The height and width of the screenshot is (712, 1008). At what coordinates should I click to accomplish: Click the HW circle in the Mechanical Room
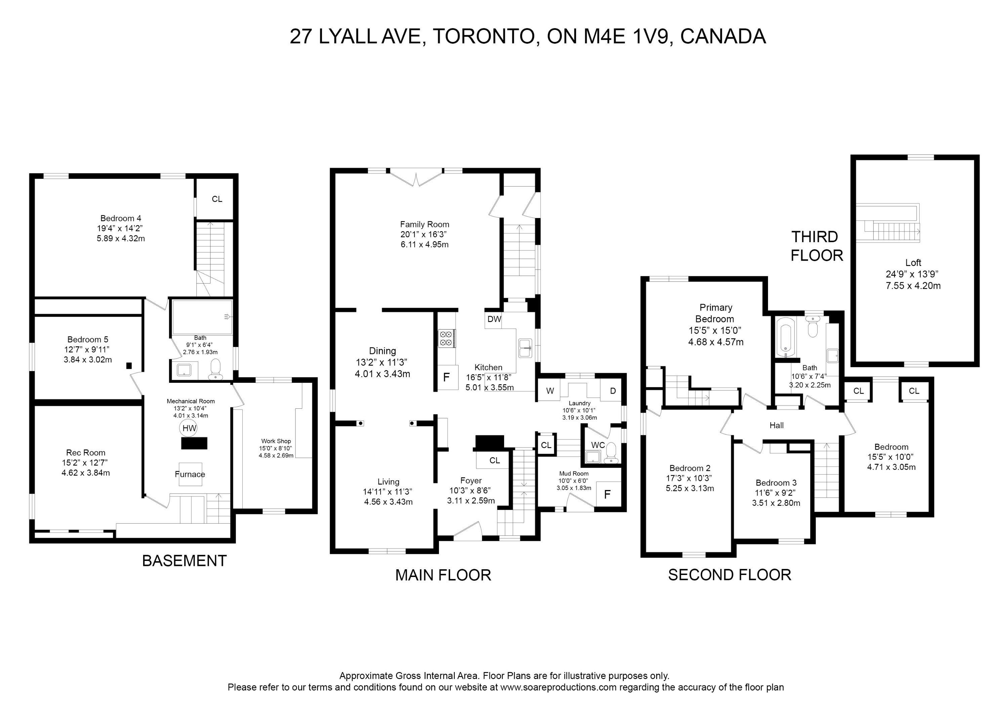tap(189, 428)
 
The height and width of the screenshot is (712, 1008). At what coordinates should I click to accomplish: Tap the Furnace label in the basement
tap(190, 474)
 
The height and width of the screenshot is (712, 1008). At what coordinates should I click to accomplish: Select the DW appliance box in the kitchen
tap(494, 319)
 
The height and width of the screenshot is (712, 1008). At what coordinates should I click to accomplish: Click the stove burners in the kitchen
tap(446, 338)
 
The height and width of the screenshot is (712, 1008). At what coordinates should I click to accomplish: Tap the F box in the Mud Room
tap(608, 494)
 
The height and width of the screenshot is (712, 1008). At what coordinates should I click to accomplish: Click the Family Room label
tap(425, 224)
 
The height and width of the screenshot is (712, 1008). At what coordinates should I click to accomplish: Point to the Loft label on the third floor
tap(913, 263)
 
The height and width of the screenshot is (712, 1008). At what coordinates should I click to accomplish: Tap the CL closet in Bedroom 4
tap(217, 199)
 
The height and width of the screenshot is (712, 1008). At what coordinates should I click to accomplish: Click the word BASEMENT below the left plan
tap(185, 561)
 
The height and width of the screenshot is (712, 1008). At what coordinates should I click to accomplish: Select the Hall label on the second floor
tap(777, 425)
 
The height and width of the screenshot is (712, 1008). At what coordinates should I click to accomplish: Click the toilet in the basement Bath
tap(215, 369)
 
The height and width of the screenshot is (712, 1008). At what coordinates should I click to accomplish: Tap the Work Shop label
tap(276, 441)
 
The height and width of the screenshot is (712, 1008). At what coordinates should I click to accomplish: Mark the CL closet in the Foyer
tap(494, 460)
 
